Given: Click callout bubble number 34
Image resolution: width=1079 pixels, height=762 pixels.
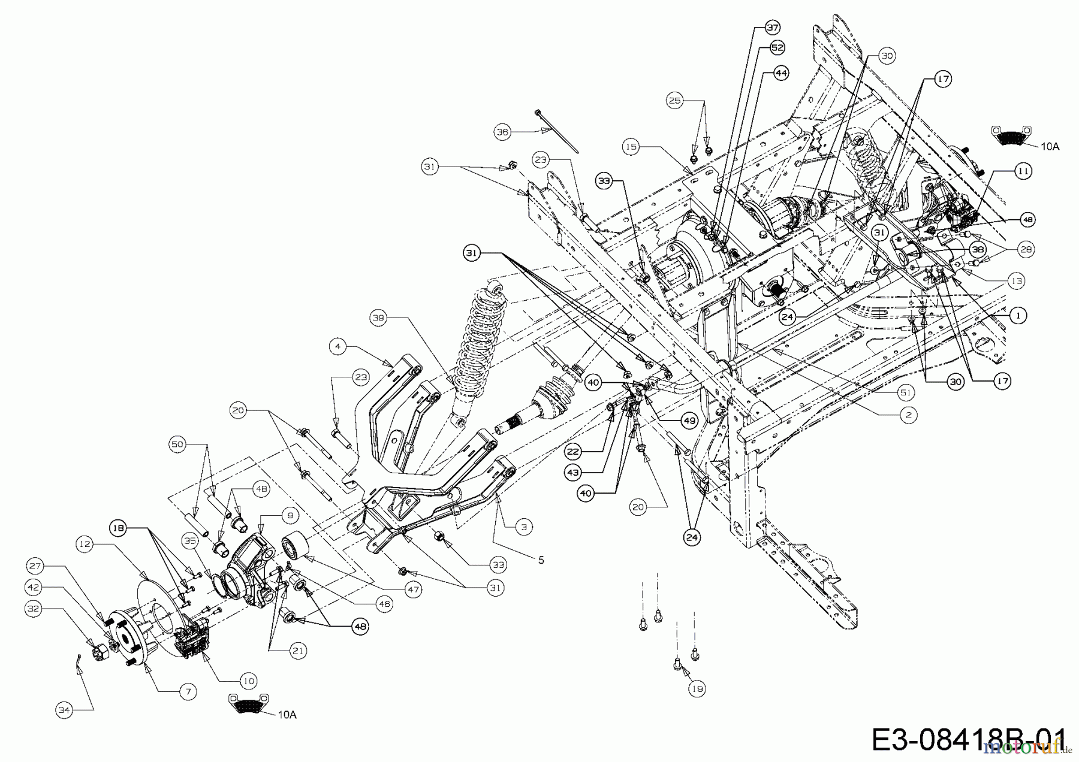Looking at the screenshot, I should click(x=65, y=710).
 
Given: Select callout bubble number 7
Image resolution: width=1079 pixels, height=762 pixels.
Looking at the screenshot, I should click(x=188, y=692).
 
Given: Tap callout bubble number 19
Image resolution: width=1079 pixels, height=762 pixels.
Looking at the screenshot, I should click(x=697, y=689).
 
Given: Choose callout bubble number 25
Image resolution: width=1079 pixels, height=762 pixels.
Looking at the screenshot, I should click(x=676, y=101).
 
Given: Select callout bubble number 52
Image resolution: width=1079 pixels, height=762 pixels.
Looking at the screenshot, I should click(x=777, y=47).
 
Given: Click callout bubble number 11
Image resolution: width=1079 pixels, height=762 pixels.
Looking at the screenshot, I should click(x=1023, y=171).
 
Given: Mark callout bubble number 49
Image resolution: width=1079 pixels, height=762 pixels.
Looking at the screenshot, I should click(x=689, y=421).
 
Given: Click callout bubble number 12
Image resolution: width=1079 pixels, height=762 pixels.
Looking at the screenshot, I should click(x=86, y=543).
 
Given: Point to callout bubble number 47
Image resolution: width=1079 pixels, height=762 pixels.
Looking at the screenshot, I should click(x=413, y=590).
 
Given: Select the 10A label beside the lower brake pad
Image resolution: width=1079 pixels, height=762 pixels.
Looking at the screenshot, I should click(x=287, y=715).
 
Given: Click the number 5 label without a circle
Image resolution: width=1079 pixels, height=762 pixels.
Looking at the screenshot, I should click(x=541, y=560).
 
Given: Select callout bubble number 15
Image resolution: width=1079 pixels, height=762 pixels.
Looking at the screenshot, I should click(x=631, y=146).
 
